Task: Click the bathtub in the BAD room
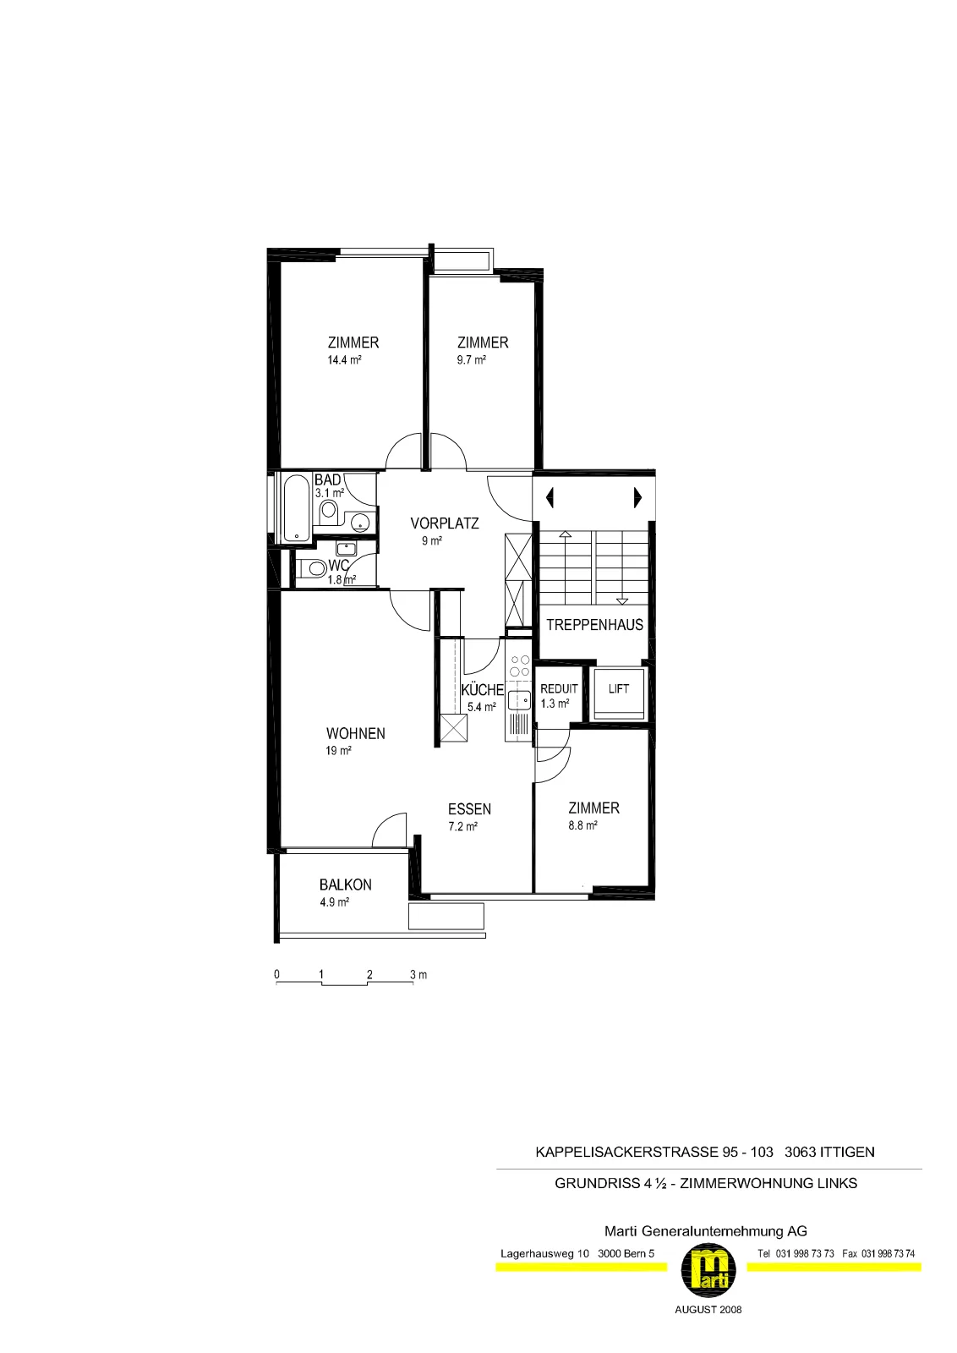pos(296,508)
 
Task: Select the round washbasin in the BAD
pos(360,521)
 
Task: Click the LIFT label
pos(618,688)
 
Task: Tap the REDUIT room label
pos(559,688)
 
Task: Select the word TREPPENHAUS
pos(594,625)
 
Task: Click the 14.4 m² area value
pos(344,360)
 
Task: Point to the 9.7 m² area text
pos(471,360)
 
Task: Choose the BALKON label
pos(346,885)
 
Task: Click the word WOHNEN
pos(356,733)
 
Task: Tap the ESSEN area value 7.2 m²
pos(462,826)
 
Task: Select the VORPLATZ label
pos(445,523)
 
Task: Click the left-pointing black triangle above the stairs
pos(550,498)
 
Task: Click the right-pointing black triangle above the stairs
pos(637,498)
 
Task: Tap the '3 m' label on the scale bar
pos(418,974)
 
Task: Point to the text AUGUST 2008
pos(708,1310)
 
